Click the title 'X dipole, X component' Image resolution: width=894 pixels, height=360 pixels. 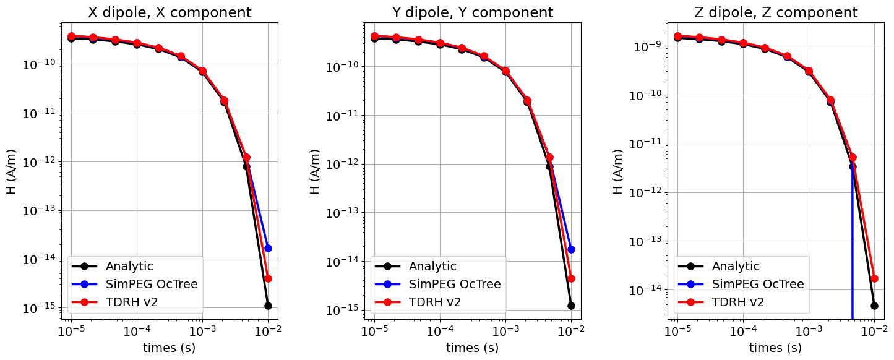[170, 12]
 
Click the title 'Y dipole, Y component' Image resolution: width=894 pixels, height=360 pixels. [473, 12]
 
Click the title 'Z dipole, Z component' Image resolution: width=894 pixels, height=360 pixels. [776, 12]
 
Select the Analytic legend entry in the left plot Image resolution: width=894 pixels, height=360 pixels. [129, 267]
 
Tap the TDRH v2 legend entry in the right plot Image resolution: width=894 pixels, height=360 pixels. [738, 302]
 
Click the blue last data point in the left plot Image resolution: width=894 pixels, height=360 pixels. [268, 248]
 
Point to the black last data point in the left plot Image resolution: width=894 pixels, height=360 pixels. [268, 306]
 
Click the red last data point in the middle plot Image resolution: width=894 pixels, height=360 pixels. [571, 278]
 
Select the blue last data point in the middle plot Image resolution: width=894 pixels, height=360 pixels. [571, 249]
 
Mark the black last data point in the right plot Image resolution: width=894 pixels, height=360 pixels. [874, 306]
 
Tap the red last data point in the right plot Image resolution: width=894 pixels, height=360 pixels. [874, 278]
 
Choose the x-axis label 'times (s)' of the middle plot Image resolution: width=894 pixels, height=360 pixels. [473, 348]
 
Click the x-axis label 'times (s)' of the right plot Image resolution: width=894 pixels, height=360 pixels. [776, 348]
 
